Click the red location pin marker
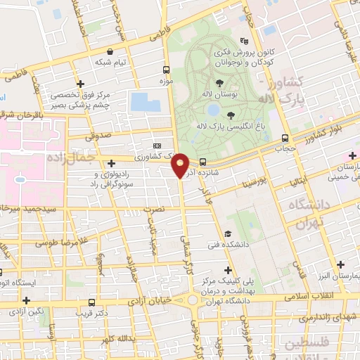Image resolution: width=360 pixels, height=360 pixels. pyautogui.click(x=181, y=165)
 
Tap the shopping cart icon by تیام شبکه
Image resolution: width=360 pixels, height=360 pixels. pyautogui.click(x=111, y=51)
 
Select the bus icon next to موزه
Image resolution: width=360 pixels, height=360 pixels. pyautogui.click(x=167, y=70)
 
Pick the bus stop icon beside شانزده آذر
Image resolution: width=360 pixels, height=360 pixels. pyautogui.click(x=202, y=160)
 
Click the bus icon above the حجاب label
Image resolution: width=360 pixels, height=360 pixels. pyautogui.click(x=285, y=138)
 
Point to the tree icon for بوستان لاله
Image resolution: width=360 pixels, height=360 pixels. pyautogui.click(x=231, y=83)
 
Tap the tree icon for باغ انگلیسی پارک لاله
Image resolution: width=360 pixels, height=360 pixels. pyautogui.click(x=231, y=115)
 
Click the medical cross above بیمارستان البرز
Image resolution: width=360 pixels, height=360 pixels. pyautogui.click(x=341, y=264)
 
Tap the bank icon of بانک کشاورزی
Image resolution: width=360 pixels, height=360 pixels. pyautogui.click(x=166, y=144)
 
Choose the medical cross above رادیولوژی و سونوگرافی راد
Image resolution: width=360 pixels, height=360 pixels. pyautogui.click(x=111, y=163)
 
